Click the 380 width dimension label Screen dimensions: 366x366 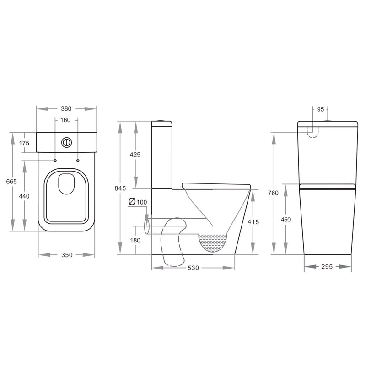pyautogui.click(x=66, y=108)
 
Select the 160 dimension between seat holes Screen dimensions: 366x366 pyautogui.click(x=65, y=120)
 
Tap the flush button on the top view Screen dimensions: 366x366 pyautogui.click(x=66, y=142)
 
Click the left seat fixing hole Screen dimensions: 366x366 pyautogui.click(x=55, y=161)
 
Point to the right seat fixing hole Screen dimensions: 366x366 pyautogui.click(x=78, y=161)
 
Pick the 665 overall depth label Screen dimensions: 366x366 pyautogui.click(x=11, y=181)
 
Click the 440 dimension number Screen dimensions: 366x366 pyautogui.click(x=24, y=196)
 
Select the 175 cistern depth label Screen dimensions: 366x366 pyautogui.click(x=24, y=143)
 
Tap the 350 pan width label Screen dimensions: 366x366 pyautogui.click(x=67, y=255)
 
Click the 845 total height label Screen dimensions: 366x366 pyautogui.click(x=120, y=188)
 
